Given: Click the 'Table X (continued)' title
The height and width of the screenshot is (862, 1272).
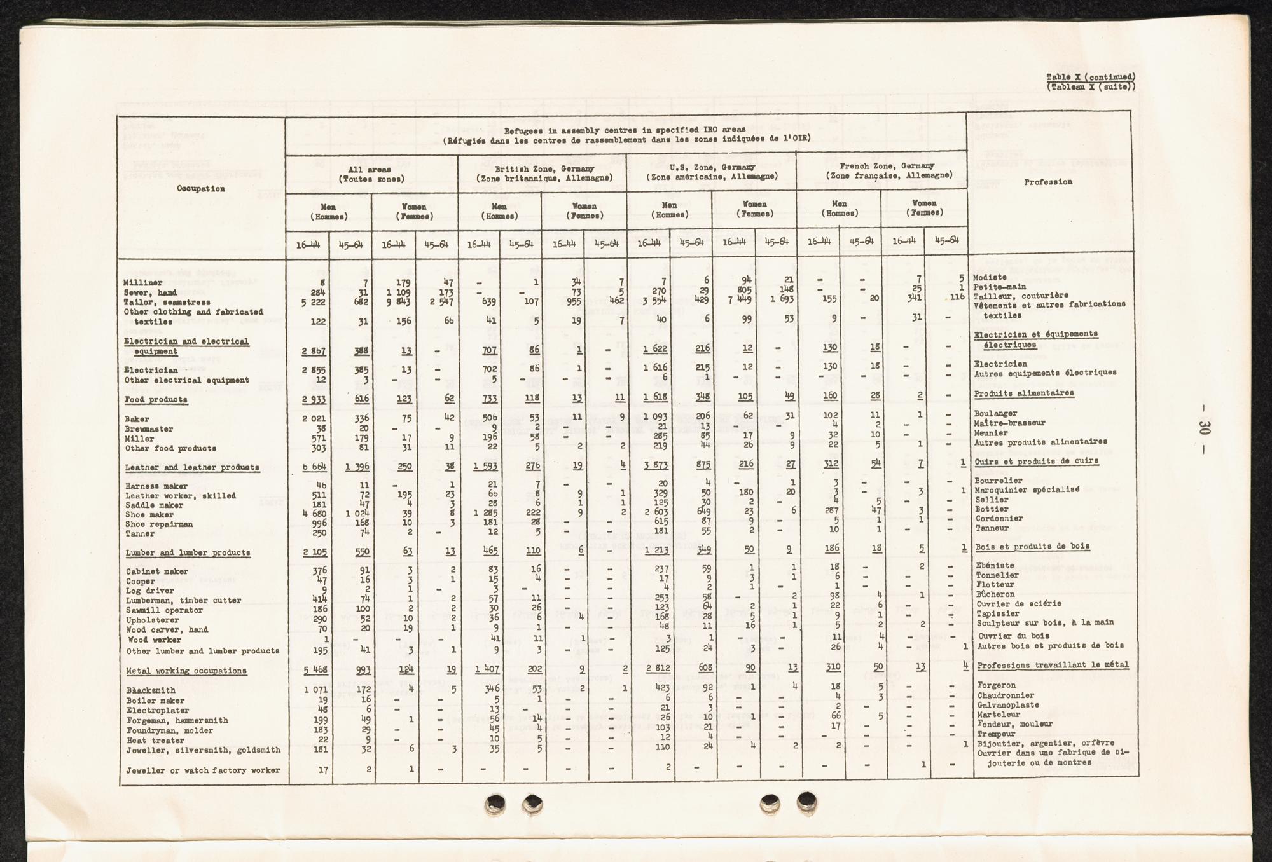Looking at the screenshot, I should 1090,77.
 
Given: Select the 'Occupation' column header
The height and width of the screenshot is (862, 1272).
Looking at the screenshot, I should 200,188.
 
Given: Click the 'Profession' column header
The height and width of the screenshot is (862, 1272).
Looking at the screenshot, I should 1048,182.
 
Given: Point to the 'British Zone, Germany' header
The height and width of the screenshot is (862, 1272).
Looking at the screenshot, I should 544,168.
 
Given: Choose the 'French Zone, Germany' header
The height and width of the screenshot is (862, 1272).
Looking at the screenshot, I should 888,166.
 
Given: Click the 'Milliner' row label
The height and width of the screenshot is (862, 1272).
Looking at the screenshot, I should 142,282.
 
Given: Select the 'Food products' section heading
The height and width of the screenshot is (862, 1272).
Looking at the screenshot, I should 156,400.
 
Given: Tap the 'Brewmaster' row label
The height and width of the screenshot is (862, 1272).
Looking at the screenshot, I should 149,429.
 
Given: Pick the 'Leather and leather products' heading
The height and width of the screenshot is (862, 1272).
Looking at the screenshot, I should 192,467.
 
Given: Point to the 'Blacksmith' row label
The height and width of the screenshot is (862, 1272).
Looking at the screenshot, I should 151,690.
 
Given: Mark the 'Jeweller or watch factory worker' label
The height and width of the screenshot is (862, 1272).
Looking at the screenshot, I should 203,770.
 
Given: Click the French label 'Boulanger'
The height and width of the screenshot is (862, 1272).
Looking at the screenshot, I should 995,413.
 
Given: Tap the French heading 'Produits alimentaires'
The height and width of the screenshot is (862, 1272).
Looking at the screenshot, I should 1024,393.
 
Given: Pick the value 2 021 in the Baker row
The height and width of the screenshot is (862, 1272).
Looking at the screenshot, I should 314,420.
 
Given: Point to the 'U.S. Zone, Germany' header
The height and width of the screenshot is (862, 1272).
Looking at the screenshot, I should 712,167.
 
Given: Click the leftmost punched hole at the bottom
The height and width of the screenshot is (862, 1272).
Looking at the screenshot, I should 495,804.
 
